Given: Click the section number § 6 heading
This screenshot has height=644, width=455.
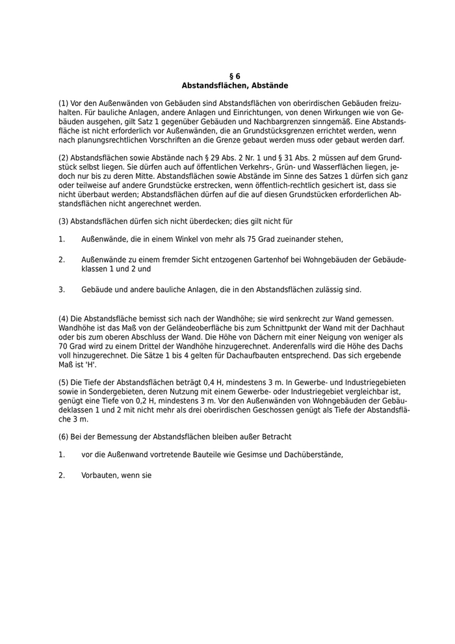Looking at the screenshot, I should [235, 76].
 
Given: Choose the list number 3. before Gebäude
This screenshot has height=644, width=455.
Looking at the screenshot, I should [62, 289].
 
